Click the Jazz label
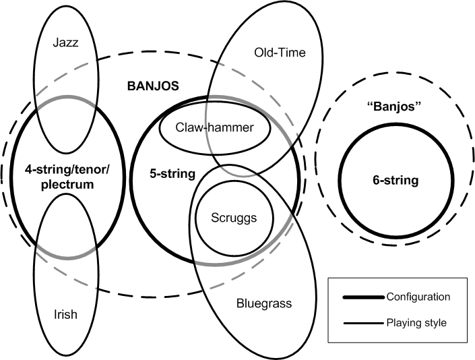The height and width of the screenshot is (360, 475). (x=66, y=43)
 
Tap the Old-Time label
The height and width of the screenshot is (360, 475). (x=280, y=52)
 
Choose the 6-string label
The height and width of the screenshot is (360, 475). (x=395, y=180)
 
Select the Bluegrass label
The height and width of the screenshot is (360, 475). (x=264, y=303)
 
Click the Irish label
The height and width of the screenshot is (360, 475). (x=65, y=315)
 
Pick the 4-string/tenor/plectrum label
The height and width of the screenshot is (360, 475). (x=66, y=175)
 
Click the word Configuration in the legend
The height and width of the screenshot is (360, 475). (x=418, y=297)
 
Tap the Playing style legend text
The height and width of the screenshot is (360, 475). (x=416, y=323)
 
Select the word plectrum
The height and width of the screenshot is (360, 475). (x=65, y=183)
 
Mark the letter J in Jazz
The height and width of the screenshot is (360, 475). (x=55, y=43)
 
